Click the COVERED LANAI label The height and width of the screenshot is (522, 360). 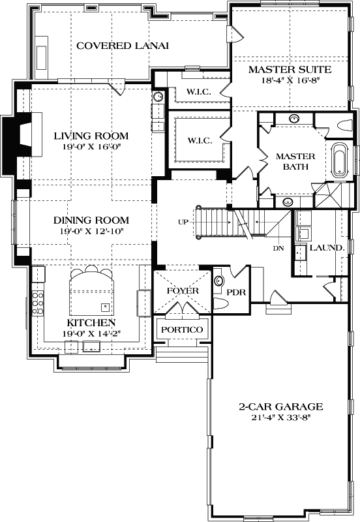click(123, 46)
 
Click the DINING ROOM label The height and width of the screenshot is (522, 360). click(91, 221)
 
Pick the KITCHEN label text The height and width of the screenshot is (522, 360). click(91, 323)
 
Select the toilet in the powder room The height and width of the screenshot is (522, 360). click(220, 304)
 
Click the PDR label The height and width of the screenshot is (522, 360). click(235, 292)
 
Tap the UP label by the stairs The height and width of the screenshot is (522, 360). click(183, 222)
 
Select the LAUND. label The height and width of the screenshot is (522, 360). click(322, 248)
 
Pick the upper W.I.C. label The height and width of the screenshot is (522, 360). click(198, 91)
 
